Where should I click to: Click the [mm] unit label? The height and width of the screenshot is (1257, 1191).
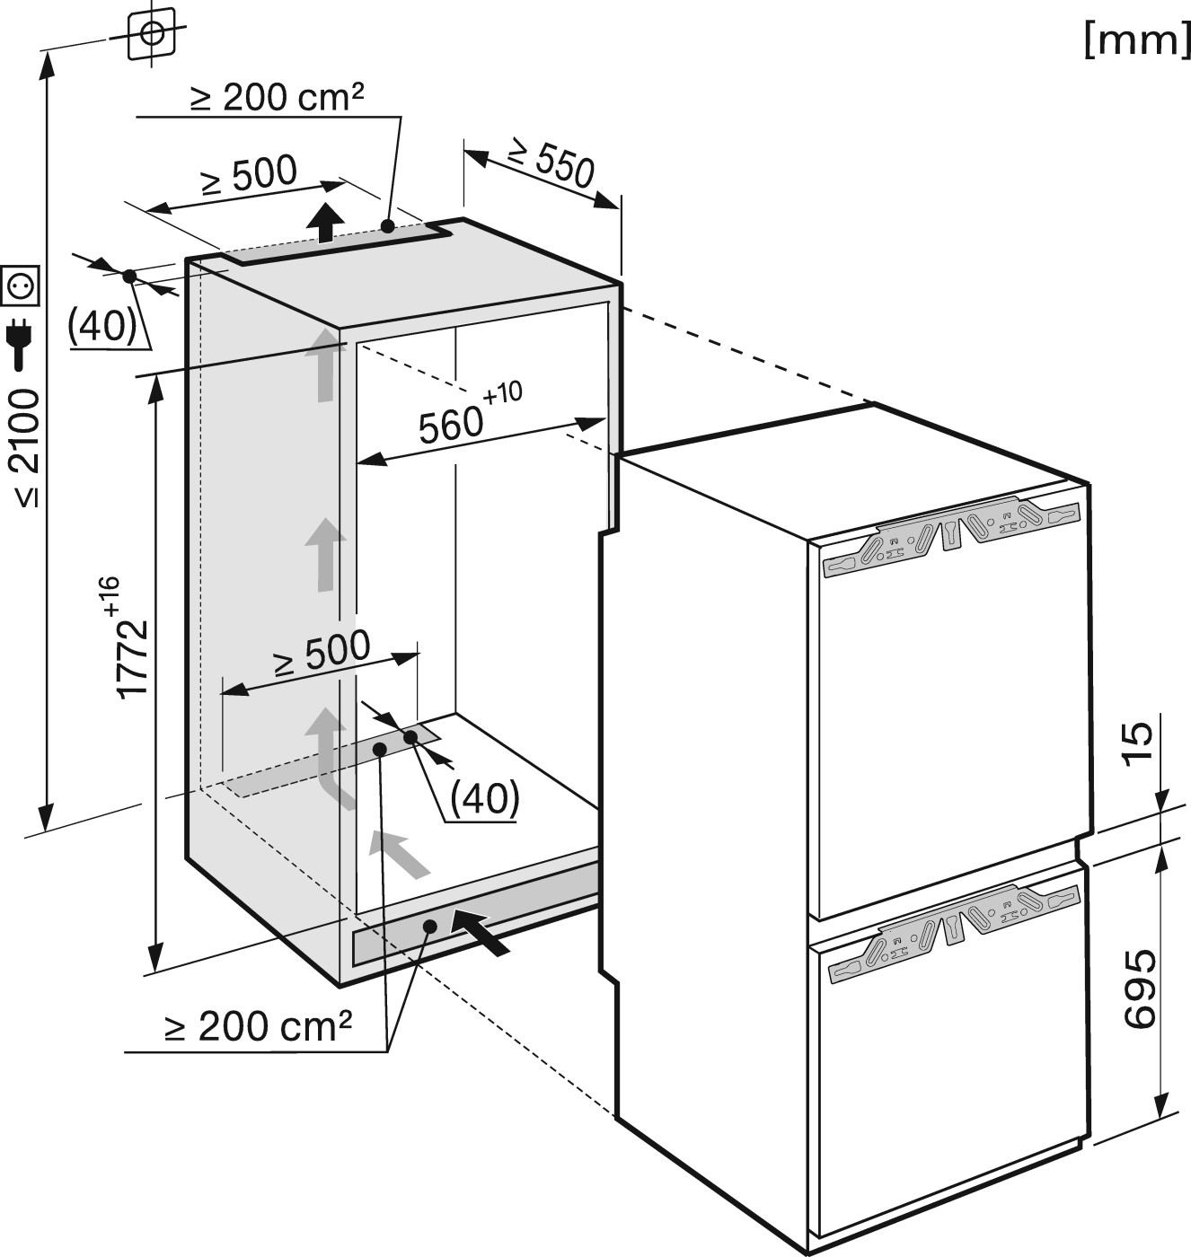pyautogui.click(x=1136, y=43)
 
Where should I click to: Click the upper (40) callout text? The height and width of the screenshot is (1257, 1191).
pyautogui.click(x=102, y=327)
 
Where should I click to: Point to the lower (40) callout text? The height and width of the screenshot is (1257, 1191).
pyautogui.click(x=484, y=798)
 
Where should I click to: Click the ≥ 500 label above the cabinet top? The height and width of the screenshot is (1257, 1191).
pyautogui.click(x=249, y=174)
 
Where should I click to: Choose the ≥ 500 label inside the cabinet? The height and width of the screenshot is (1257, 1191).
pyautogui.click(x=322, y=653)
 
